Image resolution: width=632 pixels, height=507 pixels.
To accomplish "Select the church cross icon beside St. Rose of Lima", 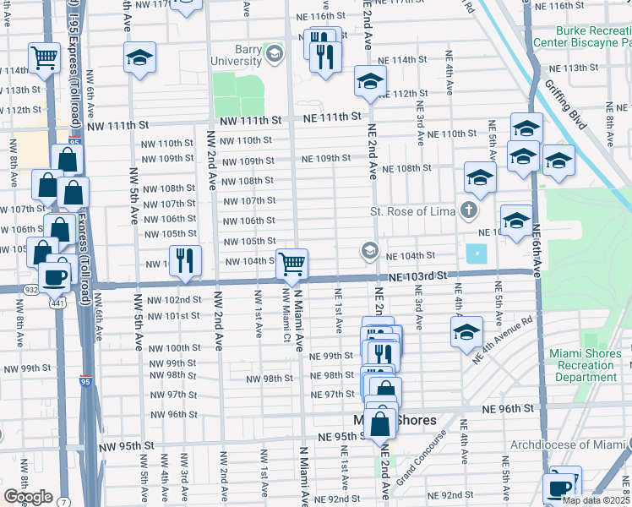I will coord(469,210).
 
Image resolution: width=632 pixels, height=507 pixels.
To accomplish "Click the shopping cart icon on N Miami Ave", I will coord(291,263).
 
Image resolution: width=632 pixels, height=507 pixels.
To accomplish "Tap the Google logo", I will coord(28,497).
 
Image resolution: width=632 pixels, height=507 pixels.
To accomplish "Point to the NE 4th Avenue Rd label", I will coord(502,341).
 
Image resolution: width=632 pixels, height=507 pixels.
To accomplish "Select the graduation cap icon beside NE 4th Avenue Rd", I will coord(466,332).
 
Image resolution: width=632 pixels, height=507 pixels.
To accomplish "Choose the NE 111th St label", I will coord(330,116).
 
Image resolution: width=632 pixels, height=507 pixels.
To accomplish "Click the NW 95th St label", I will coord(123,444).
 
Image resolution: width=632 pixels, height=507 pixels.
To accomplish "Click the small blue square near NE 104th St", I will coord(477,253).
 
